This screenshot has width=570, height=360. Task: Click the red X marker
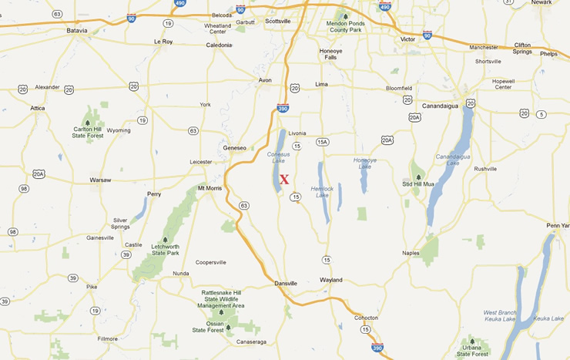pyautogui.click(x=284, y=180)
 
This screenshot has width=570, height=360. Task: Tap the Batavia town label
pyautogui.click(x=77, y=30)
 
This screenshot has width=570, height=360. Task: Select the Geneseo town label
pyautogui.click(x=234, y=147)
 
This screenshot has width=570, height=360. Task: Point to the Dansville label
pyautogui.click(x=286, y=284)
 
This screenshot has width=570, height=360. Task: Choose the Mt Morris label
pyautogui.click(x=210, y=188)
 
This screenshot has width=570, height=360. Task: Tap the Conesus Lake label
pyautogui.click(x=278, y=157)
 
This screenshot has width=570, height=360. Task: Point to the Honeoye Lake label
pyautogui.click(x=364, y=163)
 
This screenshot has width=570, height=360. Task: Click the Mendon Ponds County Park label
pyautogui.click(x=345, y=27)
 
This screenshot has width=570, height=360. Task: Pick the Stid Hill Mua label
pyautogui.click(x=418, y=183)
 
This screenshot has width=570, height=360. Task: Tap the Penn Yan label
pyautogui.click(x=558, y=225)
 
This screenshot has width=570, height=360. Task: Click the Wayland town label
pyautogui.click(x=331, y=280)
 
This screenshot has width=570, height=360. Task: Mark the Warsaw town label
pyautogui.click(x=100, y=180)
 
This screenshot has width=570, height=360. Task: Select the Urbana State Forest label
pyautogui.click(x=471, y=351)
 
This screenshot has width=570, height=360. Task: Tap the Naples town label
pyautogui.click(x=411, y=253)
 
